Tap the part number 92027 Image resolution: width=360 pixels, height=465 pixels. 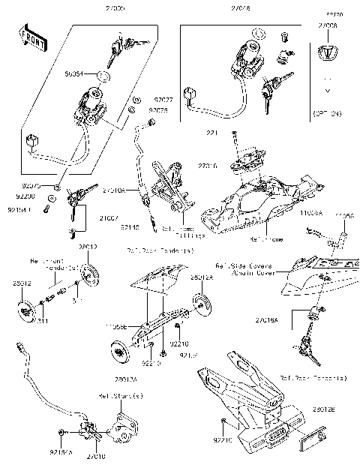tap(163, 99)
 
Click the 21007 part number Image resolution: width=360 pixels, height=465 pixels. tap(109, 217)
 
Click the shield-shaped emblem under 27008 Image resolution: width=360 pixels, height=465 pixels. tap(327, 52)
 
